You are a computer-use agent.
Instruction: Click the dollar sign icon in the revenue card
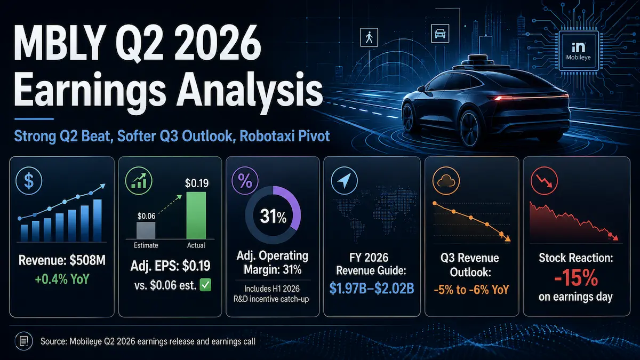coord(29,181)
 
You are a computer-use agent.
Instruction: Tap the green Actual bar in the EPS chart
coord(196,215)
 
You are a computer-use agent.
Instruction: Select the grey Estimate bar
coord(146,230)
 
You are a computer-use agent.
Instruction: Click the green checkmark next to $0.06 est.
coord(205,285)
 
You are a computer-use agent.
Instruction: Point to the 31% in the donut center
coord(273,217)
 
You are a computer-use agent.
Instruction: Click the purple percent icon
coord(245,181)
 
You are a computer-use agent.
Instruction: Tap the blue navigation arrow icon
coord(345,181)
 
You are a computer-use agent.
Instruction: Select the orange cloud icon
coord(446,181)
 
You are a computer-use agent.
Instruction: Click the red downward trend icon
coord(545,181)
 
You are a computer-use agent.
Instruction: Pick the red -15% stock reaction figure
coord(575,278)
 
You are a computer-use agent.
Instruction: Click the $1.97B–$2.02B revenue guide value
coord(371,289)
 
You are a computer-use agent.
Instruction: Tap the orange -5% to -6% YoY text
coord(471,290)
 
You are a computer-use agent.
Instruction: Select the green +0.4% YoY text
coord(62,279)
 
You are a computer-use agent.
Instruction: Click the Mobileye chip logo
coord(579,51)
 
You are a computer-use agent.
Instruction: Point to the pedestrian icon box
coord(369,37)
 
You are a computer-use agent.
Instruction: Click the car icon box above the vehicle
coord(440,34)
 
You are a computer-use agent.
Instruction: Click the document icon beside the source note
coord(23,341)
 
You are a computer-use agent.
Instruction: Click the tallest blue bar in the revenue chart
coord(98,220)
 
